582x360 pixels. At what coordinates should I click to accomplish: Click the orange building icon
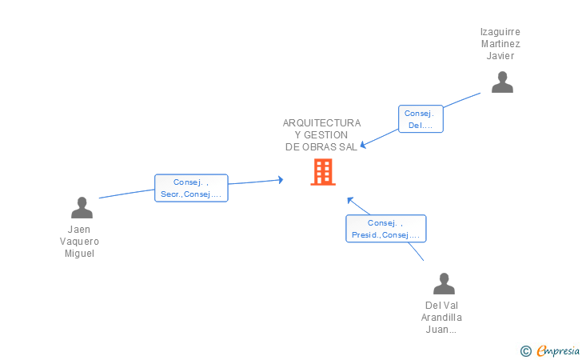point(323,172)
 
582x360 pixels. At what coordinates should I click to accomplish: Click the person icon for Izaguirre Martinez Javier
point(502,82)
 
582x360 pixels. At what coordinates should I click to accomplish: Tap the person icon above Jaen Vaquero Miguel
point(82,208)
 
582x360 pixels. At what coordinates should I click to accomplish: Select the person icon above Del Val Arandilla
point(444,284)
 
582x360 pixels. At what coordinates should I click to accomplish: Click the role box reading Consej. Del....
point(421,119)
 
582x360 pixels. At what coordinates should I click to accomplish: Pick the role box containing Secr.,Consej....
point(191,188)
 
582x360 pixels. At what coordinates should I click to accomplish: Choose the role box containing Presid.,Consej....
point(385,229)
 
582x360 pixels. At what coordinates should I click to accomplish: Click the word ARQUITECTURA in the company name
point(321,123)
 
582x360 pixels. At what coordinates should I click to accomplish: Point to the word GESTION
point(325,135)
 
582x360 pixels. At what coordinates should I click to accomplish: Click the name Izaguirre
point(500,32)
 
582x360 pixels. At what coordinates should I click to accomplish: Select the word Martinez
point(500,44)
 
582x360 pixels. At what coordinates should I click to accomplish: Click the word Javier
point(500,56)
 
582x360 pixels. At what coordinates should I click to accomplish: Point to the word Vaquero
point(79,242)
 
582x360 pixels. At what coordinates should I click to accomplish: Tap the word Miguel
point(79,254)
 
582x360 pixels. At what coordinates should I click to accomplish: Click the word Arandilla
point(441,318)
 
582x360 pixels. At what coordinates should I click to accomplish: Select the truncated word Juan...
point(441,330)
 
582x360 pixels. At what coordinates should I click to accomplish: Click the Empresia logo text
point(558,351)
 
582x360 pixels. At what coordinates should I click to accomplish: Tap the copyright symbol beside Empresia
point(525,351)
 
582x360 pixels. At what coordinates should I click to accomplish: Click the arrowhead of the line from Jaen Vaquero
point(281,180)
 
